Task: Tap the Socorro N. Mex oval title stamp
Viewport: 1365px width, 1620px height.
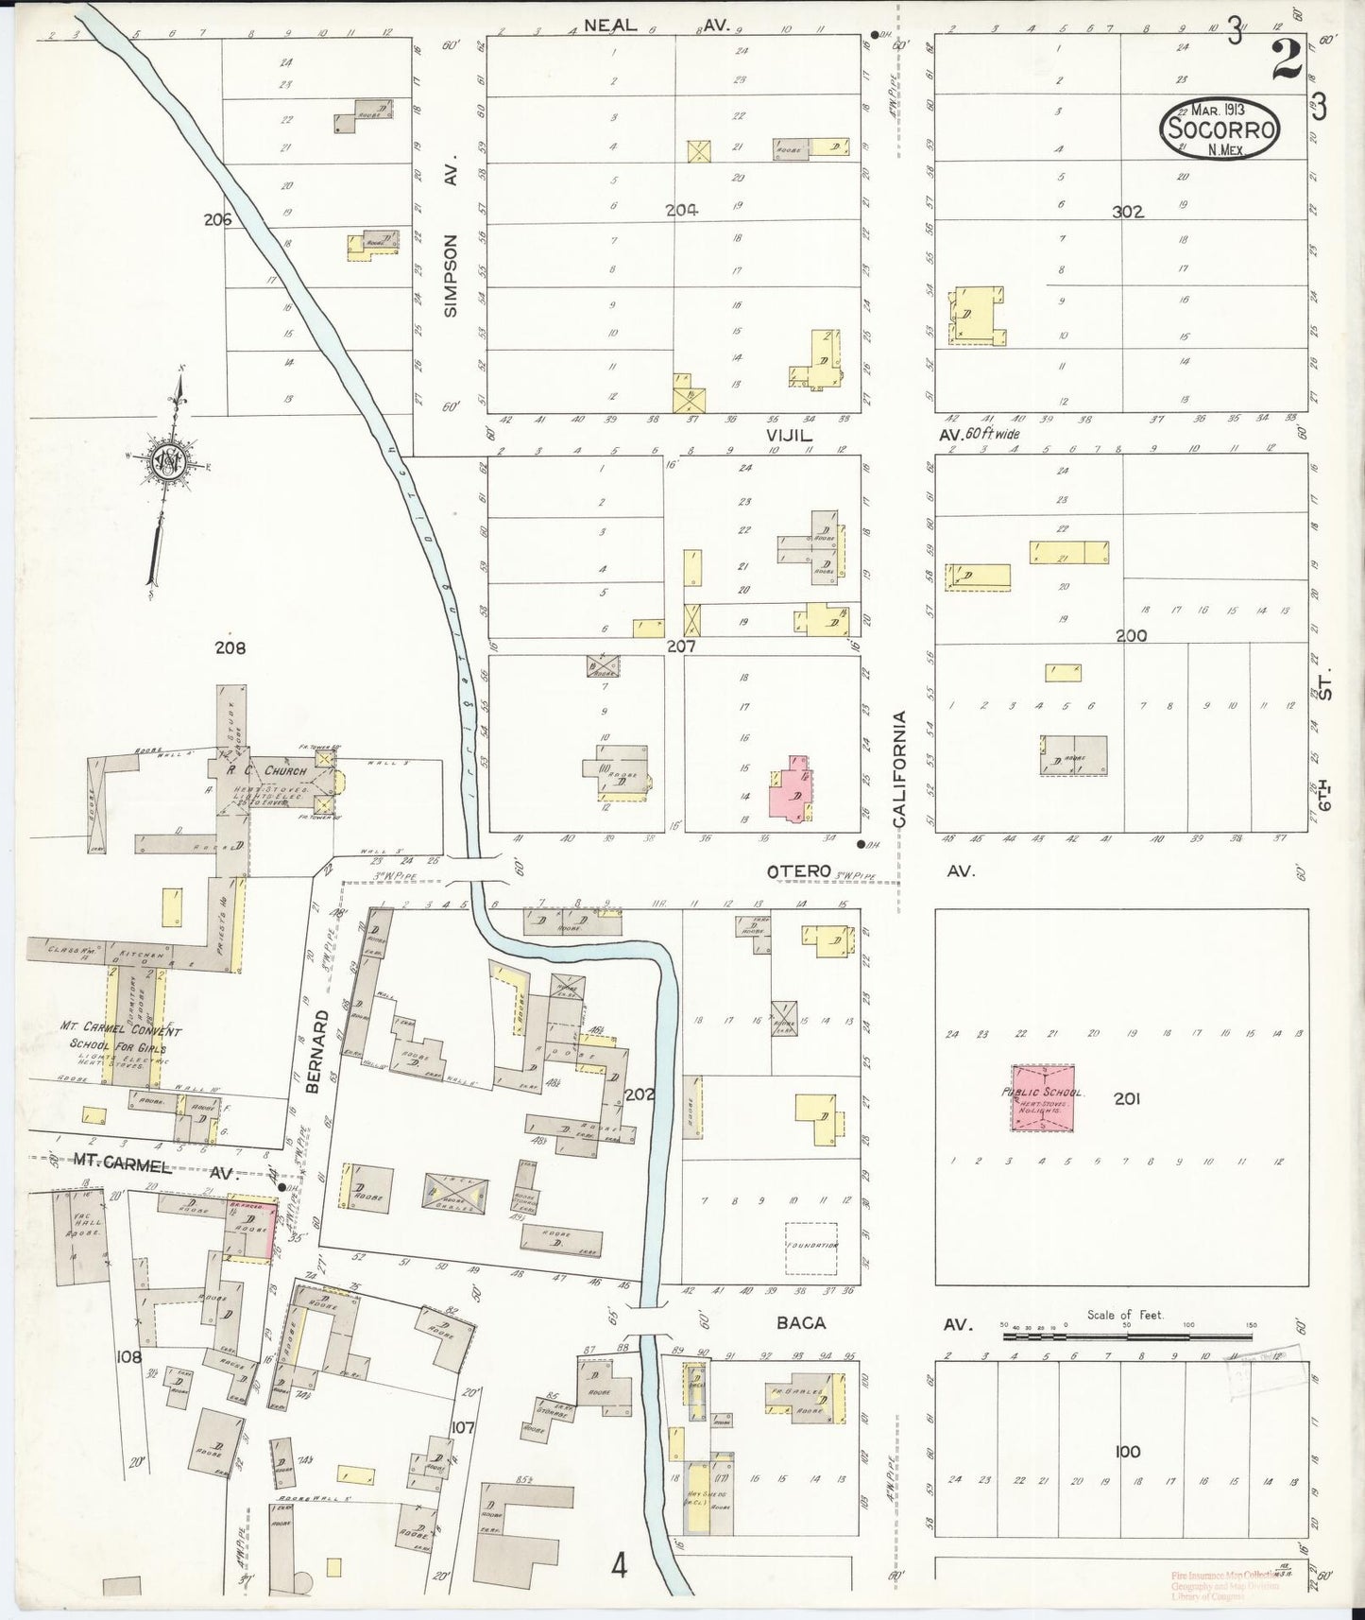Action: (x=1220, y=129)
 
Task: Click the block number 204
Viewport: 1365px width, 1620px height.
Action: (x=681, y=211)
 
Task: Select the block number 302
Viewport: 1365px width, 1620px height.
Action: (x=1127, y=212)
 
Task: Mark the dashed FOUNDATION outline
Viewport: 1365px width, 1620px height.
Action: (x=811, y=1246)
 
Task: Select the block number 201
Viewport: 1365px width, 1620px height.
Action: (x=1127, y=1098)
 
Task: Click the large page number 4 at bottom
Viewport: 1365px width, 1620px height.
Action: (x=618, y=1567)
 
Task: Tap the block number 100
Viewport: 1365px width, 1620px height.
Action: (x=1127, y=1451)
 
